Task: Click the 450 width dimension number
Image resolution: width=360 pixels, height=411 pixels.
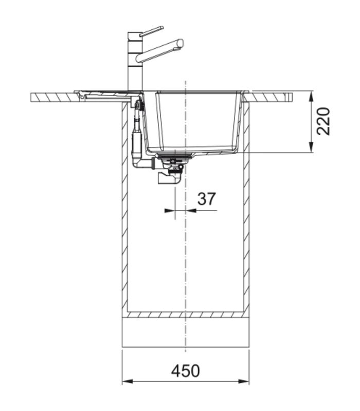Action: (x=185, y=371)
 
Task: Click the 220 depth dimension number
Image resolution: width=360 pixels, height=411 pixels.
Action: (x=323, y=121)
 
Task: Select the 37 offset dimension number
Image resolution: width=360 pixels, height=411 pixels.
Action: (x=207, y=199)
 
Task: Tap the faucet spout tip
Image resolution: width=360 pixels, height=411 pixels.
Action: (x=181, y=43)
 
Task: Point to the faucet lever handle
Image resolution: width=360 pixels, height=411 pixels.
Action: (x=151, y=31)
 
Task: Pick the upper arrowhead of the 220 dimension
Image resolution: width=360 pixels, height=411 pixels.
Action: (x=311, y=96)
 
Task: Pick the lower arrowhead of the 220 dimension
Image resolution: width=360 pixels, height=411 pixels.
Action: (x=311, y=147)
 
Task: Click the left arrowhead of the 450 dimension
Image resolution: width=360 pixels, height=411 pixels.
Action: (x=128, y=381)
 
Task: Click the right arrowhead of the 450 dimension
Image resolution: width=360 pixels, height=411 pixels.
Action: (x=243, y=381)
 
